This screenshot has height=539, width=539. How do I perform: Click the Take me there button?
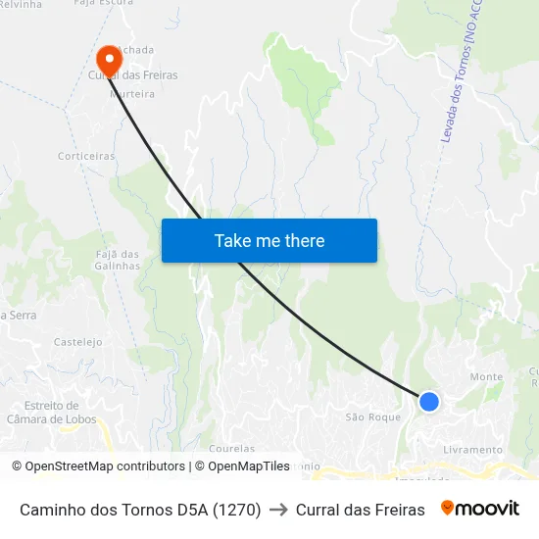[269, 240]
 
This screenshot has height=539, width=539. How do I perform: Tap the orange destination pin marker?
[109, 59]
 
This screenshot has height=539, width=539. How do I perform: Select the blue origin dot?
[428, 401]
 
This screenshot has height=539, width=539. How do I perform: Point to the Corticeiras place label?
[86, 156]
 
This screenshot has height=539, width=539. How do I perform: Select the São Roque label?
[373, 416]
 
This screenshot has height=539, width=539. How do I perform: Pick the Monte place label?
[486, 376]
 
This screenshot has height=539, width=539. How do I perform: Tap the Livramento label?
[472, 450]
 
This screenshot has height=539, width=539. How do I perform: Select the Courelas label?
[231, 449]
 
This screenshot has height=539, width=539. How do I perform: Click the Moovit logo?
[480, 509]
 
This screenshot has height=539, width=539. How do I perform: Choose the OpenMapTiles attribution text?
[241, 466]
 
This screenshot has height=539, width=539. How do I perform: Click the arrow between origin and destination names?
[278, 510]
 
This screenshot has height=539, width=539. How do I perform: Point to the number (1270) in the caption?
[236, 510]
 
